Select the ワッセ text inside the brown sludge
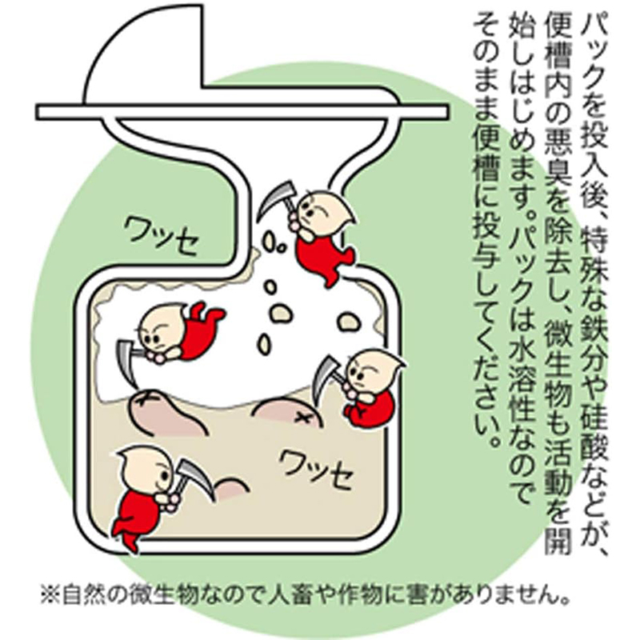pos(315,468)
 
